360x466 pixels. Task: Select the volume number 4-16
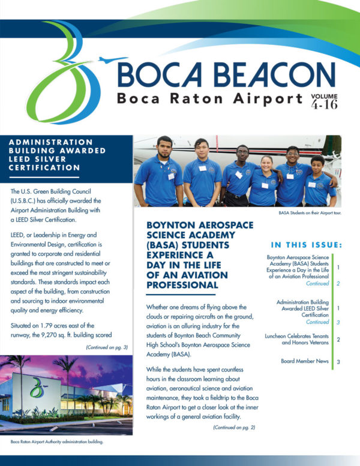tap(323, 106)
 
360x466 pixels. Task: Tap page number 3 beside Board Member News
tap(338, 362)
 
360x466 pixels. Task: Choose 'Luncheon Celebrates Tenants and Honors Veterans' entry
tap(298, 340)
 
